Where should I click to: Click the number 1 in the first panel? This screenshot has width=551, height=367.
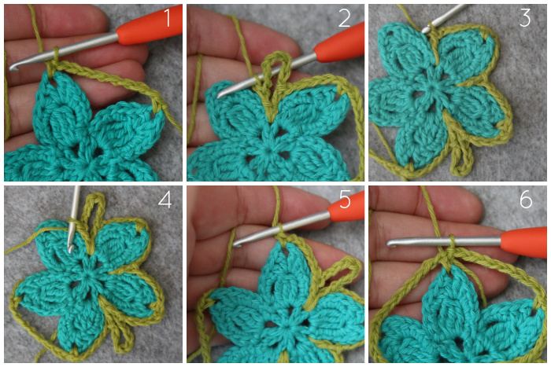[168, 18]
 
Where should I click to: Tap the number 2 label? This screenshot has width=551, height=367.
[345, 18]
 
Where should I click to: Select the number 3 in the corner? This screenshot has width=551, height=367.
[525, 18]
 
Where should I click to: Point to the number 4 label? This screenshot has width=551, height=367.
[165, 200]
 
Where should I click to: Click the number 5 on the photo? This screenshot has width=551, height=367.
[345, 200]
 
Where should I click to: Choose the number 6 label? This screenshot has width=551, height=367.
[526, 200]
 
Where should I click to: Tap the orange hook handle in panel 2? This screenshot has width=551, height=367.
[338, 42]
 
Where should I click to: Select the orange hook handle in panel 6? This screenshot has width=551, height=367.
[523, 241]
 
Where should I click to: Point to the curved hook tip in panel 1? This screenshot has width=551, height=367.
[13, 66]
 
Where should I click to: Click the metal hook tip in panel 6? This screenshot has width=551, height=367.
[390, 243]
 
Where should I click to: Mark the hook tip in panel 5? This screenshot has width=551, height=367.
[237, 243]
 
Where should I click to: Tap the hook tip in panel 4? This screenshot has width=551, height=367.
[71, 248]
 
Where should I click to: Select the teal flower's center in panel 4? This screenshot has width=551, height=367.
[85, 273]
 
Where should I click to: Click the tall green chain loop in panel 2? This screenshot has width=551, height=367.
[276, 56]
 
